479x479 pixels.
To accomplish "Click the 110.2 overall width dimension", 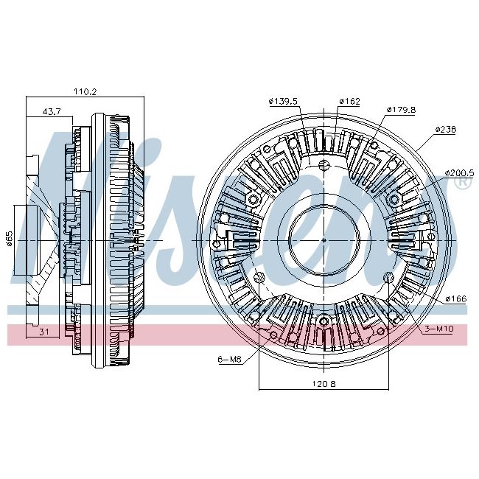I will click(x=85, y=92).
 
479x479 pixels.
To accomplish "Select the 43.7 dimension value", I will click(x=52, y=111).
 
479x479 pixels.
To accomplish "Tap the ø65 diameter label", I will click(x=11, y=239).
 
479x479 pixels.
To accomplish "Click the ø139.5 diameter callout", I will click(x=284, y=101).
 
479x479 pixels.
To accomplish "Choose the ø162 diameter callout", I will click(x=349, y=101).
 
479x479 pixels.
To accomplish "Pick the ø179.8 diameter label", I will click(x=401, y=110).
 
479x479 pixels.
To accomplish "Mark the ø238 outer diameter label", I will click(x=445, y=129).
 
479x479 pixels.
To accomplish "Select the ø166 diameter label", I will click(x=455, y=298).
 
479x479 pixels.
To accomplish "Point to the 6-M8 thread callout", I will click(x=229, y=359).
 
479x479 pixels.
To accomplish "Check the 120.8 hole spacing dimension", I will click(x=323, y=384).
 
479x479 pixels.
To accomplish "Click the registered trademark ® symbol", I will click(x=463, y=184).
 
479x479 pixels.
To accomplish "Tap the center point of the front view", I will click(x=324, y=240).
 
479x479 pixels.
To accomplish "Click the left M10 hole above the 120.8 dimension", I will click(x=259, y=278).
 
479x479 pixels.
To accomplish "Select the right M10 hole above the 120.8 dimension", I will click(x=389, y=278).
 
